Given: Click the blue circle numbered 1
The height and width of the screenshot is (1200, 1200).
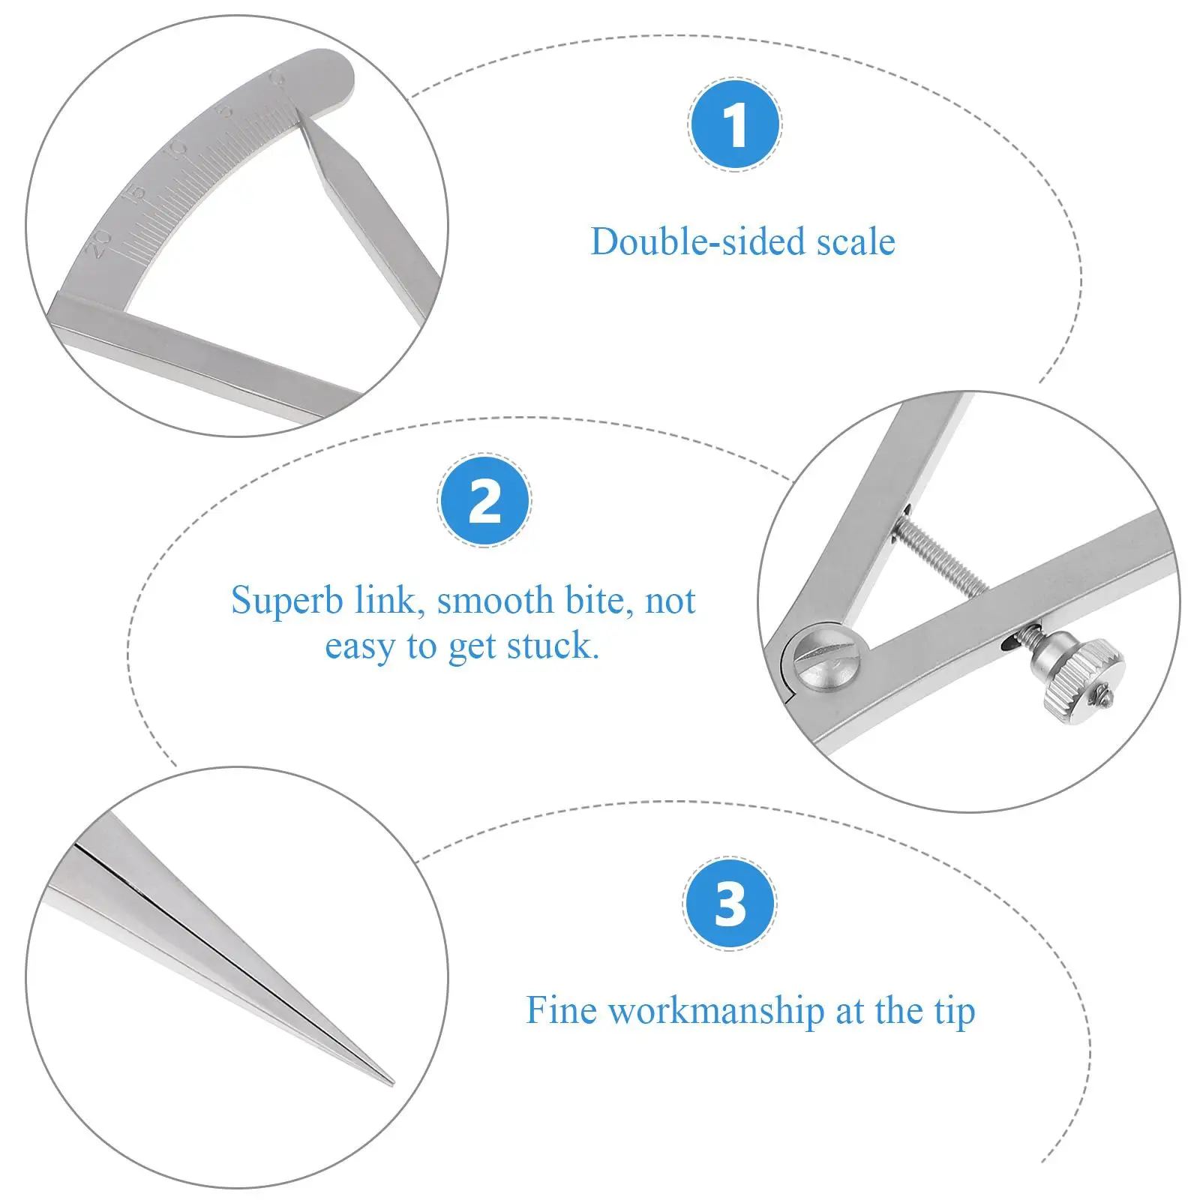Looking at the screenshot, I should click(735, 124).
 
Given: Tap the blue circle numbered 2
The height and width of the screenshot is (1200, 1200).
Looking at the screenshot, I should click(484, 500).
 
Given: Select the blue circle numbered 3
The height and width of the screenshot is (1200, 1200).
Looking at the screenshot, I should click(730, 904).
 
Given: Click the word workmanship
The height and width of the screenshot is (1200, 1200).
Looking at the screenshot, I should click(716, 1010).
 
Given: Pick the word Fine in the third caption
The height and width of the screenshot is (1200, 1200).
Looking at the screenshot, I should click(561, 1010).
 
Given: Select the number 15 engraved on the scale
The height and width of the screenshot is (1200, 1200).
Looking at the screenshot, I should click(134, 195).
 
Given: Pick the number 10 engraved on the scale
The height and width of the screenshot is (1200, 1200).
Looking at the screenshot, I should click(177, 149).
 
